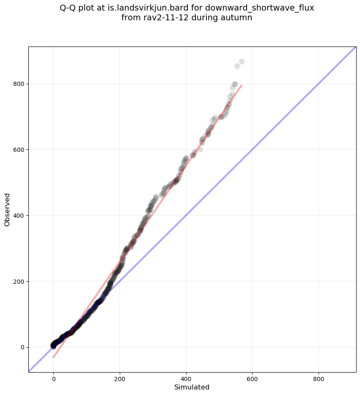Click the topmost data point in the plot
242,62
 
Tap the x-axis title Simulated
192,387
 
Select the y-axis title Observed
7,209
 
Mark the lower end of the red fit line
53,358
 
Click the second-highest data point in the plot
237,66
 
